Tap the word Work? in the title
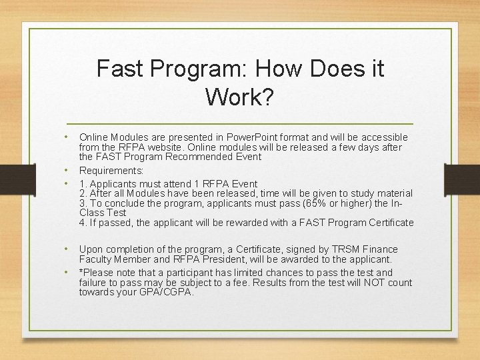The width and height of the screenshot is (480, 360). tap(239, 97)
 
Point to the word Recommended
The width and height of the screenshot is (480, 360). tap(200, 157)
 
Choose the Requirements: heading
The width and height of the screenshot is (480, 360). tap(111, 171)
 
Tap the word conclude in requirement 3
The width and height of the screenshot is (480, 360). tap(123, 203)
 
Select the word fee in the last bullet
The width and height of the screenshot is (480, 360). tap(242, 283)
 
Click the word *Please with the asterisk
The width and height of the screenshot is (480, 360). tap(97, 273)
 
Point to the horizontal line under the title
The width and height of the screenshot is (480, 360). tap(240, 125)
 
